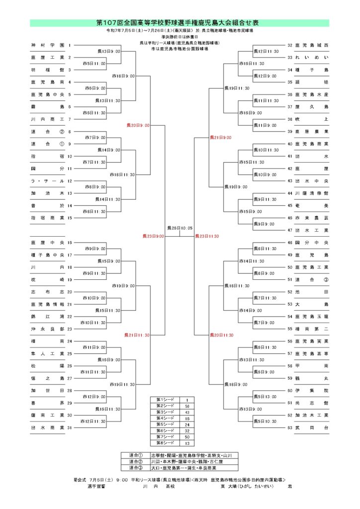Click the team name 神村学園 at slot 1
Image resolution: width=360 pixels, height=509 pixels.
(47, 45)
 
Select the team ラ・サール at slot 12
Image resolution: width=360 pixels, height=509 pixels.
(47, 181)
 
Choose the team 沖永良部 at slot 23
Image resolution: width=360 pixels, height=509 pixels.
(47, 329)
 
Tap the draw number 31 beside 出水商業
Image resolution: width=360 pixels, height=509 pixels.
(70, 427)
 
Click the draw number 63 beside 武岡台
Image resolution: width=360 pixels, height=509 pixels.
(290, 427)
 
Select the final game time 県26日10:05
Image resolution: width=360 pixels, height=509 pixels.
(180, 228)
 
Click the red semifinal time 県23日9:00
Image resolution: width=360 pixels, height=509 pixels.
(153, 236)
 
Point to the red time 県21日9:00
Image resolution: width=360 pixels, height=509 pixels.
(221, 138)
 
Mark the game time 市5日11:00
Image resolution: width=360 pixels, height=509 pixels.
(94, 64)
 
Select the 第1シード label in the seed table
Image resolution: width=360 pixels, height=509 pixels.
(164, 400)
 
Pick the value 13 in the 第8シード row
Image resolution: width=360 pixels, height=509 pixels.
(186, 442)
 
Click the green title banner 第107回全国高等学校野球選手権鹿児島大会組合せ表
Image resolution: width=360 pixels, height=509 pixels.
(180, 23)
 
